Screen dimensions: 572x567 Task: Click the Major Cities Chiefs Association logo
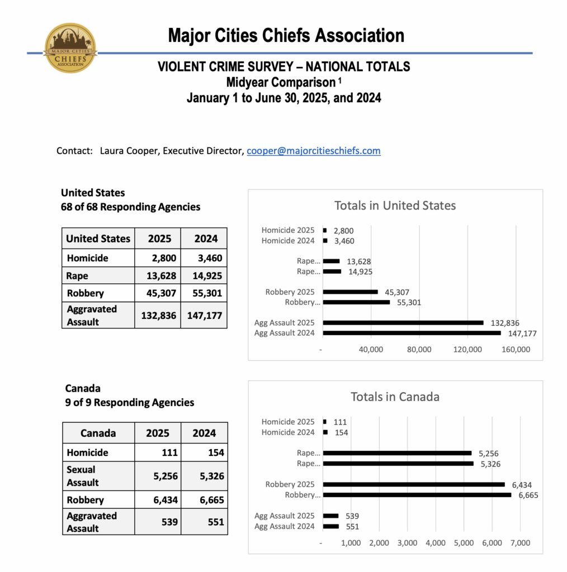click(71, 48)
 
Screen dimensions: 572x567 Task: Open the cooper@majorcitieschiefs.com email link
click(314, 151)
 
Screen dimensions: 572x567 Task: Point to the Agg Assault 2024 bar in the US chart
click(412, 333)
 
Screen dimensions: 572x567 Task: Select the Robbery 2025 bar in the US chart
click(351, 292)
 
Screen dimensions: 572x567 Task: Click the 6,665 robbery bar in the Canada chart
click(417, 495)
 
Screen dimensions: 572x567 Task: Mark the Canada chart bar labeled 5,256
click(397, 453)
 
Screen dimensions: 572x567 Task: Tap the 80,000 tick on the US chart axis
click(419, 350)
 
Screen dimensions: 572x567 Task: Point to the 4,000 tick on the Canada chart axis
click(435, 543)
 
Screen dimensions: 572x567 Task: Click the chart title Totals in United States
click(395, 206)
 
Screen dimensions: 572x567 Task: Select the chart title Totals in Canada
click(395, 397)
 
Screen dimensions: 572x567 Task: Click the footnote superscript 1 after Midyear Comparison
click(339, 80)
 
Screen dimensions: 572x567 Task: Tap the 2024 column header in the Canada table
click(205, 433)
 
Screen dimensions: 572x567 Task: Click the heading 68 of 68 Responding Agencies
click(130, 207)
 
